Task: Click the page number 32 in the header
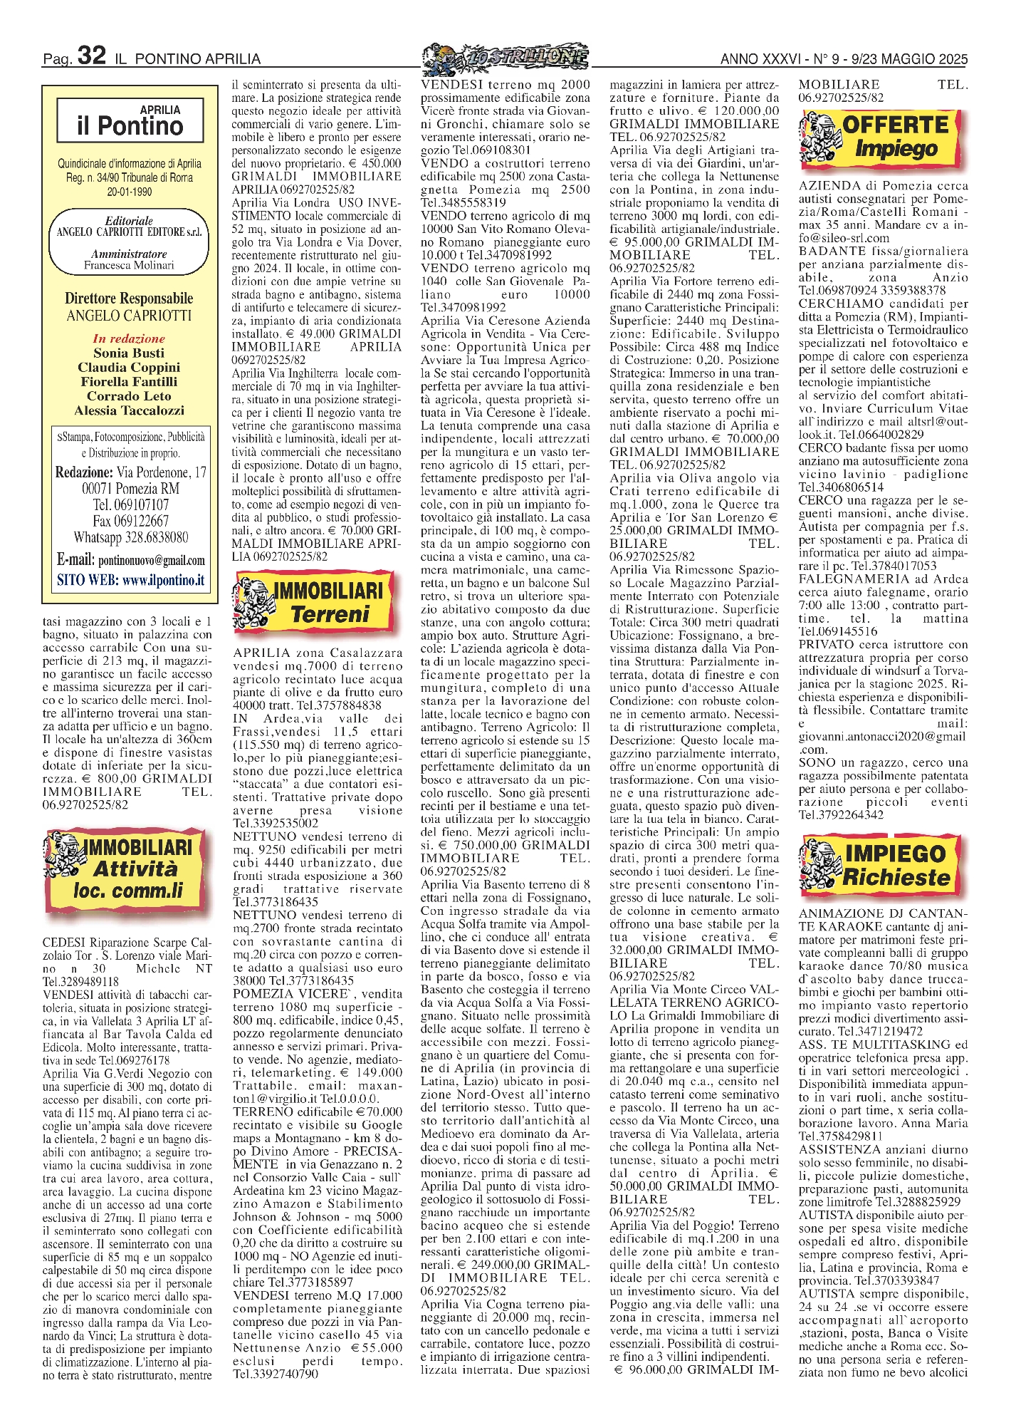[x=91, y=56]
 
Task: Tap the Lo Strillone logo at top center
[x=505, y=56]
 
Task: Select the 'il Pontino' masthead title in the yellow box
[x=130, y=126]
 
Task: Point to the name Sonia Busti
[x=129, y=353]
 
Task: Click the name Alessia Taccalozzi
[x=129, y=410]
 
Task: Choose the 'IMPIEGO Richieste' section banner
[x=884, y=864]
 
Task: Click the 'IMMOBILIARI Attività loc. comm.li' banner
[x=127, y=869]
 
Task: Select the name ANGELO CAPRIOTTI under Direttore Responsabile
[x=129, y=316]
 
